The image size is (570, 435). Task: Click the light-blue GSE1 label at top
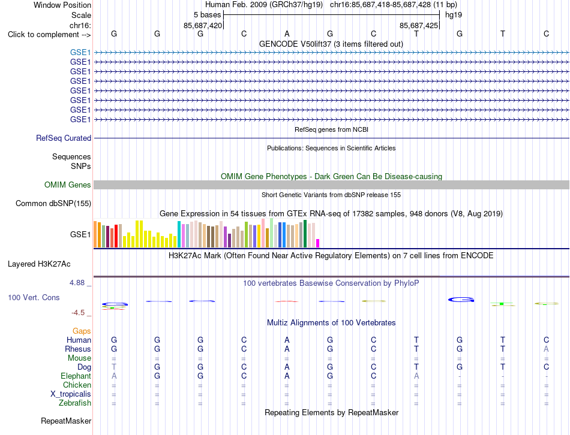[80, 52]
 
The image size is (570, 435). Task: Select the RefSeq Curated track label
[64, 138]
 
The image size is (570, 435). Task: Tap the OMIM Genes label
[68, 185]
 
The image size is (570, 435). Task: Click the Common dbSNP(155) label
[53, 203]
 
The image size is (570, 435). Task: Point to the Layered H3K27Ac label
[39, 264]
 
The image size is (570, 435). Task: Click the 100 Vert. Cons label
[34, 297]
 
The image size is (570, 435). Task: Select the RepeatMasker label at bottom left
[66, 421]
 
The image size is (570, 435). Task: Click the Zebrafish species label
[75, 403]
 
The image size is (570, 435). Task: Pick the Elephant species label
[76, 376]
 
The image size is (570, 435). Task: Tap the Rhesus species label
[78, 349]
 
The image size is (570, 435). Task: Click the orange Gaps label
[82, 331]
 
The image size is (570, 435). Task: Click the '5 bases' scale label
[207, 15]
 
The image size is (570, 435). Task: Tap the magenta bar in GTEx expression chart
[318, 243]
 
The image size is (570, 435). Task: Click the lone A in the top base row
[287, 34]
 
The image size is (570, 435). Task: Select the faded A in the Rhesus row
[546, 349]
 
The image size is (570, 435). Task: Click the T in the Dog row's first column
[114, 367]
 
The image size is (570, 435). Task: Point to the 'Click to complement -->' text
[49, 35]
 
